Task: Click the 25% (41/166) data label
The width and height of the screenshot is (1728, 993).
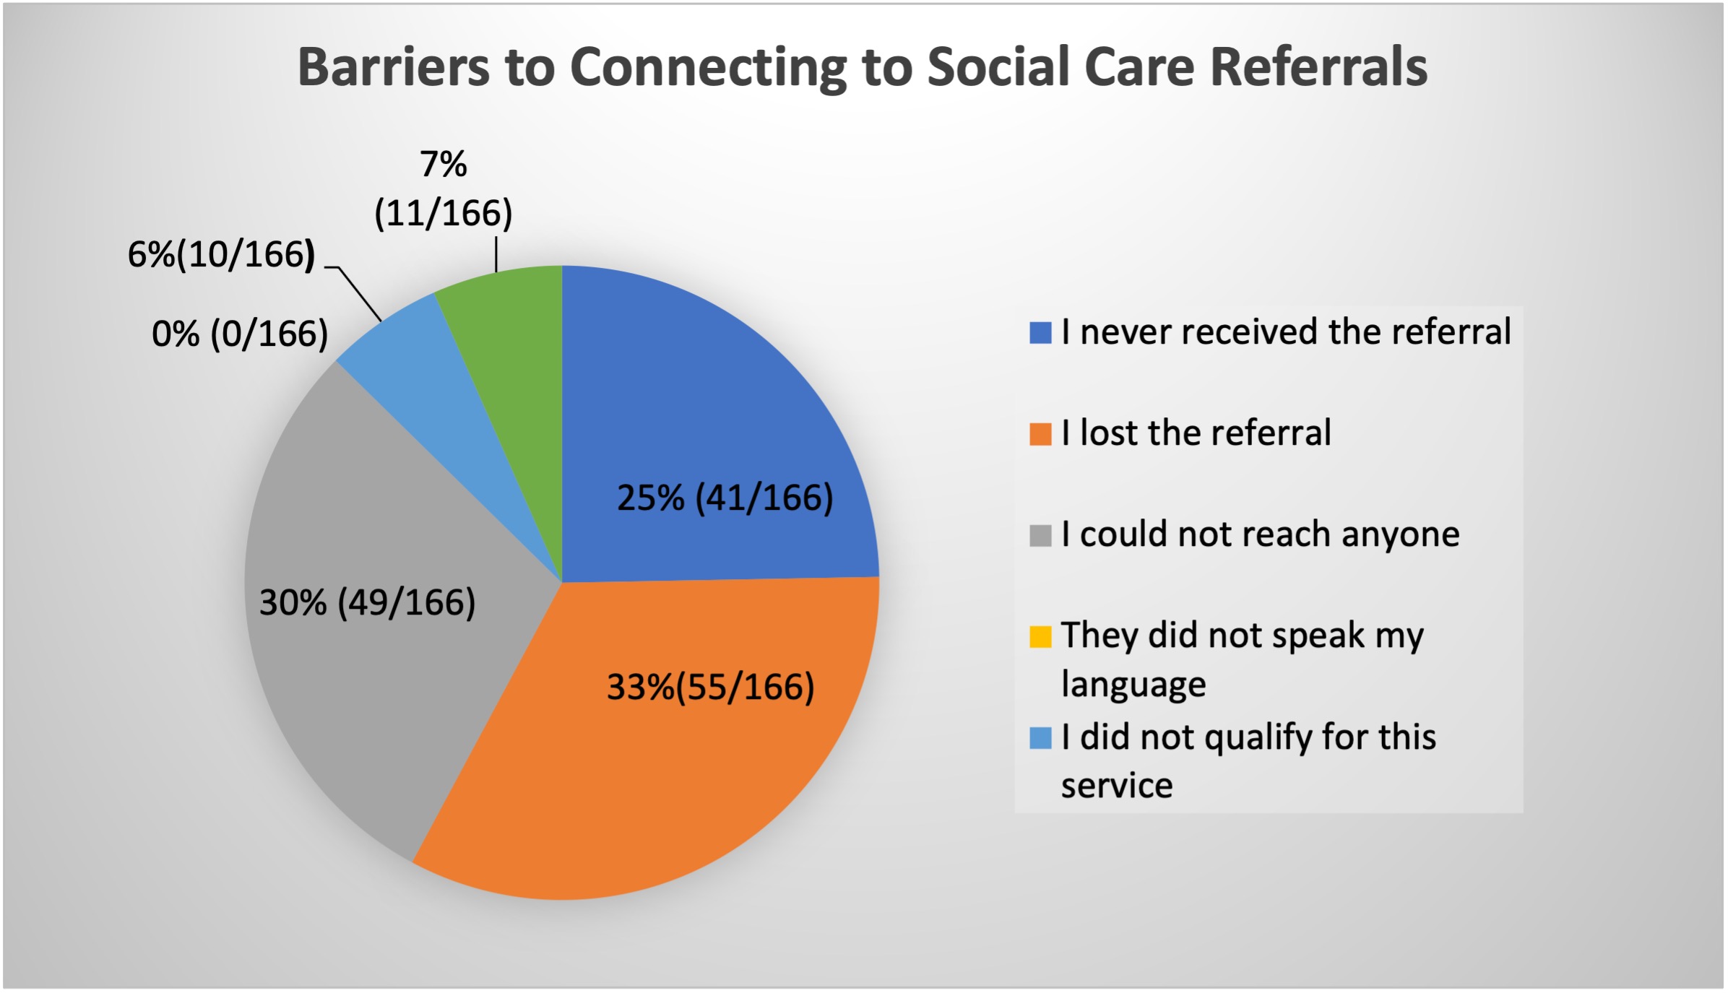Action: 725,498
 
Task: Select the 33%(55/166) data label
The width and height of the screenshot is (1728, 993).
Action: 711,687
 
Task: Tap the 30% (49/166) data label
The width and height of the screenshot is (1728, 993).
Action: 368,602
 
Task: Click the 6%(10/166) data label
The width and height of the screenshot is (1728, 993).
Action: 222,255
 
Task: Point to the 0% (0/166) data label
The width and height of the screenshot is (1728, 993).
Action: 241,334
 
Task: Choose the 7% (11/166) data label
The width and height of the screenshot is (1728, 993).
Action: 444,189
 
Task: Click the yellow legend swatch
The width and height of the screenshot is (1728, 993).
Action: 1040,637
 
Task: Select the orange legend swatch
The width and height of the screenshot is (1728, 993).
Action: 1040,434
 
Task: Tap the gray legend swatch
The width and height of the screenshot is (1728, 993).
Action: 1040,536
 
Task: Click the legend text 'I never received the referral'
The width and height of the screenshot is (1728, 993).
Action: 1287,332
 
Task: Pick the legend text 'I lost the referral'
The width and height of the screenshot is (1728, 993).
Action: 1196,433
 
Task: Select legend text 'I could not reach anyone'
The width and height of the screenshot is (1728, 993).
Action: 1261,535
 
